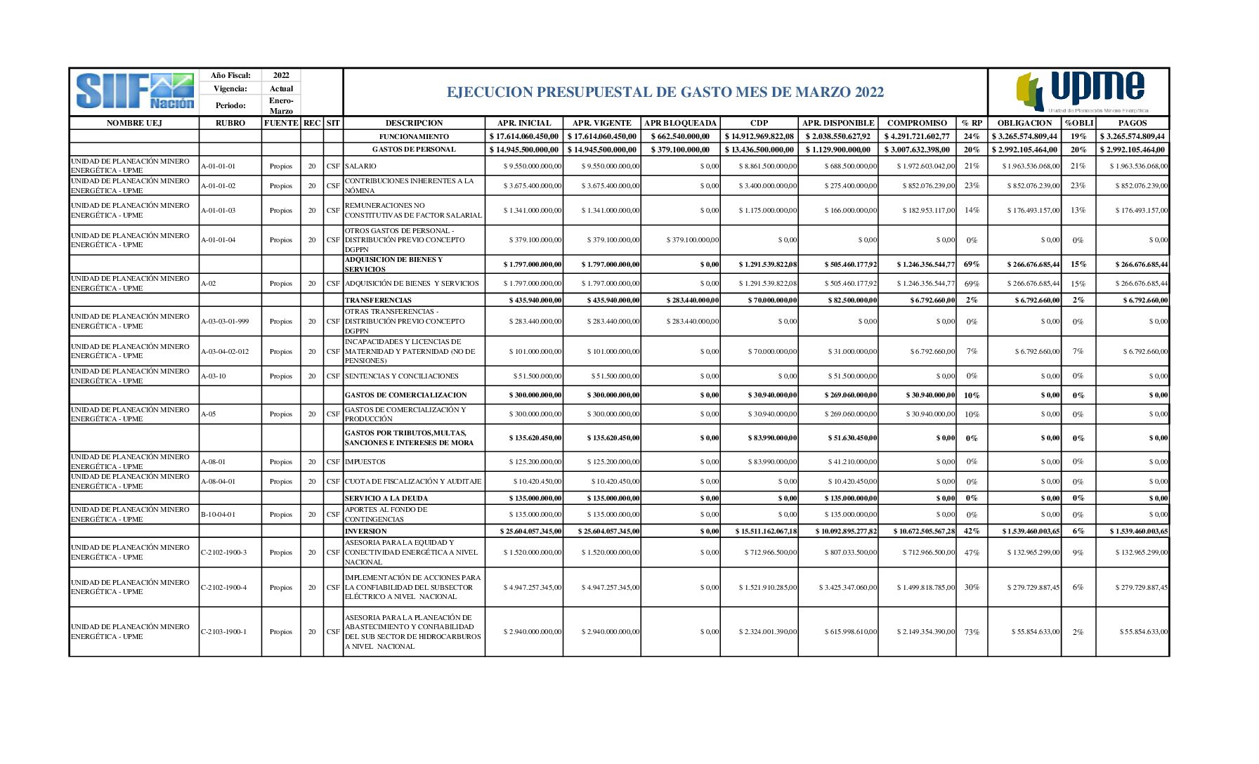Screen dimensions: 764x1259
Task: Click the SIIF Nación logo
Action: click(x=134, y=91)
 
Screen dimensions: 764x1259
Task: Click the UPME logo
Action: click(x=1083, y=91)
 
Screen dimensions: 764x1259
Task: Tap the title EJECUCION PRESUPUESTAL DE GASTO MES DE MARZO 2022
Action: click(x=665, y=92)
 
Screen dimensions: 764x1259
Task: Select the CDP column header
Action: click(x=759, y=123)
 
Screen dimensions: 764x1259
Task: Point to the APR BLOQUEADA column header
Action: click(x=680, y=123)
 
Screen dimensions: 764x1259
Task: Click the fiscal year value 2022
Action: click(x=281, y=75)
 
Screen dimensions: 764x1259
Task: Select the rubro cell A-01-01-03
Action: click(x=218, y=210)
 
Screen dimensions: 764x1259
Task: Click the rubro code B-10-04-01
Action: click(x=218, y=514)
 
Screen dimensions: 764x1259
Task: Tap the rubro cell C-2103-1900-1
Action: click(x=224, y=631)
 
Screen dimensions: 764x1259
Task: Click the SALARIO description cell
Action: click(x=360, y=166)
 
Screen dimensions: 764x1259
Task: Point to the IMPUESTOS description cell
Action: click(x=365, y=461)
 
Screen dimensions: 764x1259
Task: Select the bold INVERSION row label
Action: click(x=365, y=531)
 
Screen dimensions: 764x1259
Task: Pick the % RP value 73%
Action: click(x=972, y=632)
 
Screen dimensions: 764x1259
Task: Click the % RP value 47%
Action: click(x=972, y=553)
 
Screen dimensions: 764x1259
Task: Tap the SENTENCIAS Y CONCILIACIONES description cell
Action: click(x=401, y=376)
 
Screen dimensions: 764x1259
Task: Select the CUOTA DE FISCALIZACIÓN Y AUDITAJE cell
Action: click(x=413, y=481)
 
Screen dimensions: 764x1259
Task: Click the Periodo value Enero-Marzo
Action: click(x=281, y=105)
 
